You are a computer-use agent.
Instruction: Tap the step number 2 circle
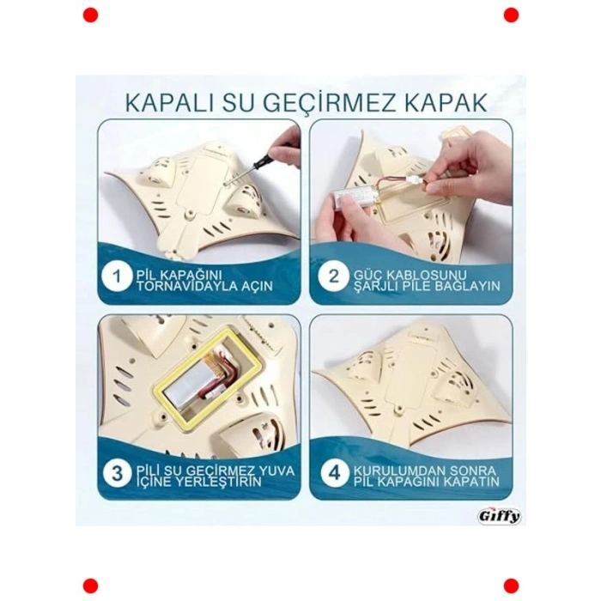pyautogui.click(x=331, y=278)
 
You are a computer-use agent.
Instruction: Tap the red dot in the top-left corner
pyautogui.click(x=90, y=15)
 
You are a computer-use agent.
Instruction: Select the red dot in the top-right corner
pyautogui.click(x=511, y=15)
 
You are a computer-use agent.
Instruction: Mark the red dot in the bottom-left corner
pyautogui.click(x=90, y=586)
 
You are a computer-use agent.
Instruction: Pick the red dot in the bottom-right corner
pyautogui.click(x=511, y=586)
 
